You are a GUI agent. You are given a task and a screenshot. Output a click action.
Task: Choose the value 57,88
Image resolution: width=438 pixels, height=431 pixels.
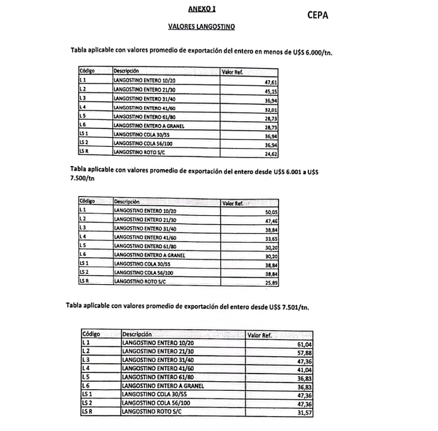coord(306,354)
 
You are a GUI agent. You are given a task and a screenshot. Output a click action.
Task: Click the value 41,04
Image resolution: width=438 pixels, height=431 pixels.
coord(306,370)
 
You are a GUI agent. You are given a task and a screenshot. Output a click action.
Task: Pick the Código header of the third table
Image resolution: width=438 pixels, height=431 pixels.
coord(91,334)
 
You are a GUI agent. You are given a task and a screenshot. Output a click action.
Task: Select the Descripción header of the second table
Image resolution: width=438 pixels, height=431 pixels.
coord(127,203)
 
